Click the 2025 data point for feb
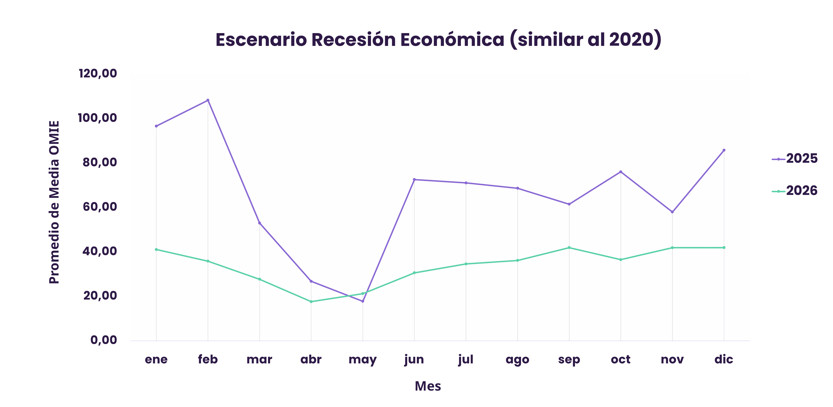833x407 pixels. (208, 100)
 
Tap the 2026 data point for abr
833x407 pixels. (311, 302)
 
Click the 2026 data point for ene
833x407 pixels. (156, 249)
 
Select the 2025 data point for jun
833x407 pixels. (414, 179)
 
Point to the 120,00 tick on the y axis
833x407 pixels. (98, 73)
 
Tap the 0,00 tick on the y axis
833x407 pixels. (103, 340)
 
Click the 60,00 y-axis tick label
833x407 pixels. (100, 207)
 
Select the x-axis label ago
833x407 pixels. (517, 359)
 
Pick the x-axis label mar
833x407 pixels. (259, 359)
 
